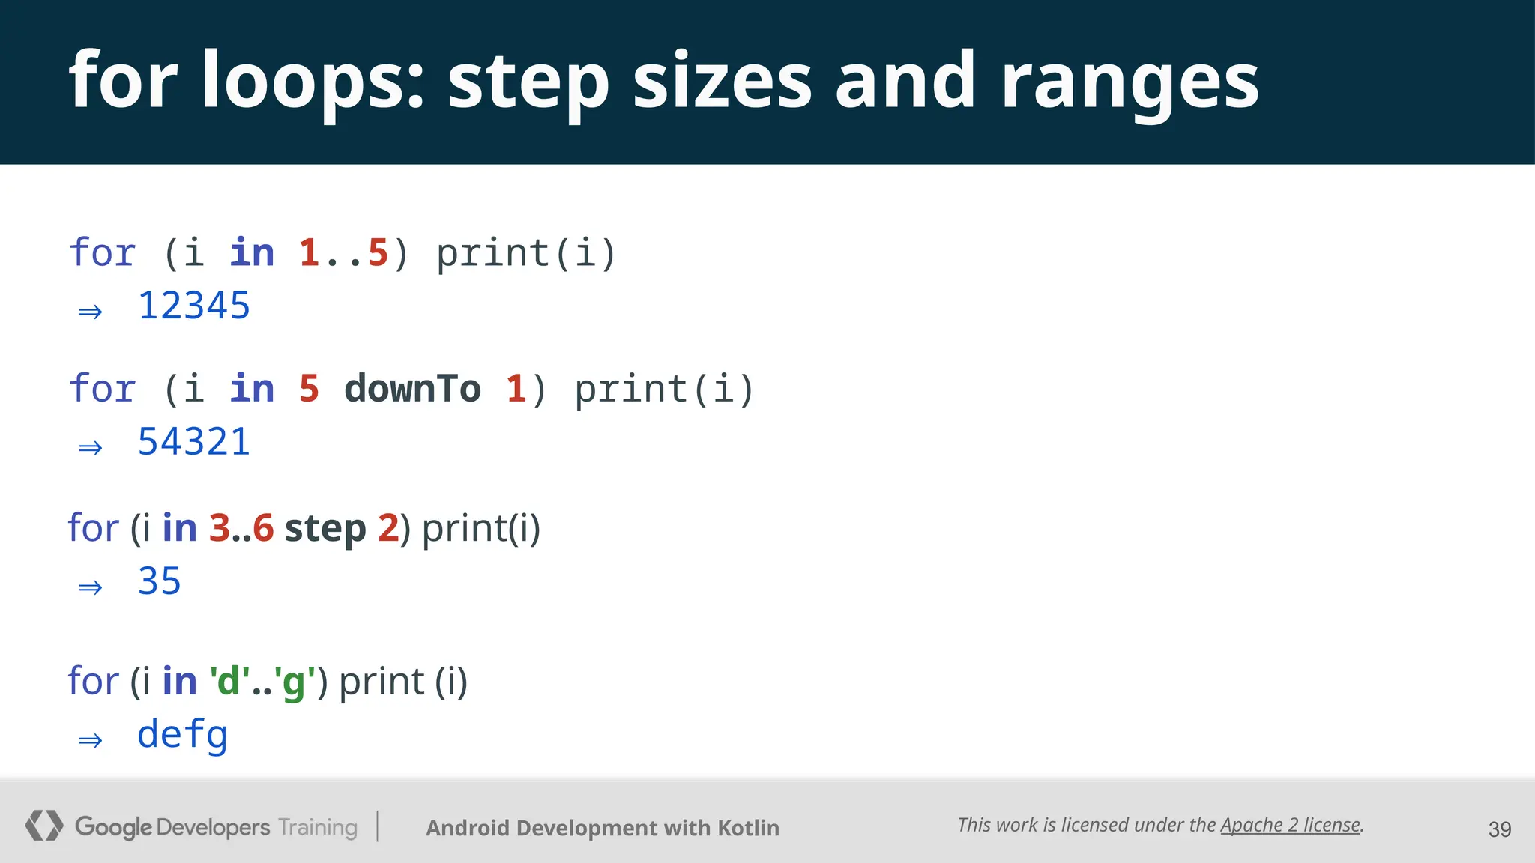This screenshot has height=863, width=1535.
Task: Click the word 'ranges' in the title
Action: click(x=1130, y=81)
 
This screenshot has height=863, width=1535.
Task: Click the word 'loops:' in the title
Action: click(x=313, y=81)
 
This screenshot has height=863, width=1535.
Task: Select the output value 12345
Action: click(x=194, y=306)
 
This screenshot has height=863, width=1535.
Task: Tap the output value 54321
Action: click(x=193, y=442)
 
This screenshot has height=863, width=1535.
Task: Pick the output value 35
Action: click(x=160, y=582)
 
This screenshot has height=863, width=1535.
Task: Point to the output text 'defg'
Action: click(x=182, y=735)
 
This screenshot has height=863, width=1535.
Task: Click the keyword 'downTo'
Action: click(x=412, y=389)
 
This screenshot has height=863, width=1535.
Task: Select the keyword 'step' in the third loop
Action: click(x=325, y=529)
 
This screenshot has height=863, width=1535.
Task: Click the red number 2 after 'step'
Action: click(x=388, y=528)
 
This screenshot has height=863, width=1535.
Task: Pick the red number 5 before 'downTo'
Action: click(x=309, y=389)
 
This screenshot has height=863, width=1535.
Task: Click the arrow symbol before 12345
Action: click(x=91, y=312)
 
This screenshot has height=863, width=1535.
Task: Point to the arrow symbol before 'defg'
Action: click(x=91, y=741)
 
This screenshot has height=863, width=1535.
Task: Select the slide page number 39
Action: click(x=1499, y=829)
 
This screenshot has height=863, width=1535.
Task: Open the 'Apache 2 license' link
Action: click(x=1290, y=825)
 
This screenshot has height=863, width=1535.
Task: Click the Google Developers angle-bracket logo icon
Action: click(x=43, y=826)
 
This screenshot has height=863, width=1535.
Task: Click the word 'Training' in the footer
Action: click(x=318, y=827)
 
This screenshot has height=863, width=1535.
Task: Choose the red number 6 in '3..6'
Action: click(x=263, y=528)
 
